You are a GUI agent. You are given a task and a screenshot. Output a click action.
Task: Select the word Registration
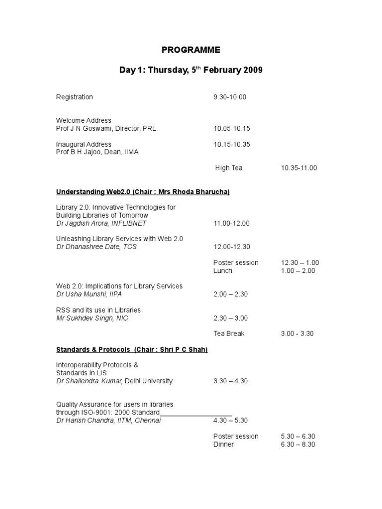pos(74,97)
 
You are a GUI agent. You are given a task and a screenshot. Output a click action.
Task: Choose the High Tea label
pos(229,168)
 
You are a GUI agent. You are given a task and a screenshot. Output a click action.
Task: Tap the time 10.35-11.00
pos(299,168)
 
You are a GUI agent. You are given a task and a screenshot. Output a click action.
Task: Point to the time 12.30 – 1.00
pos(300,262)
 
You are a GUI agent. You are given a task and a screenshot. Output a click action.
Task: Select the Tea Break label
pos(229,334)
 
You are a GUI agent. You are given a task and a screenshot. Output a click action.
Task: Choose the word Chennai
pos(148,421)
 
